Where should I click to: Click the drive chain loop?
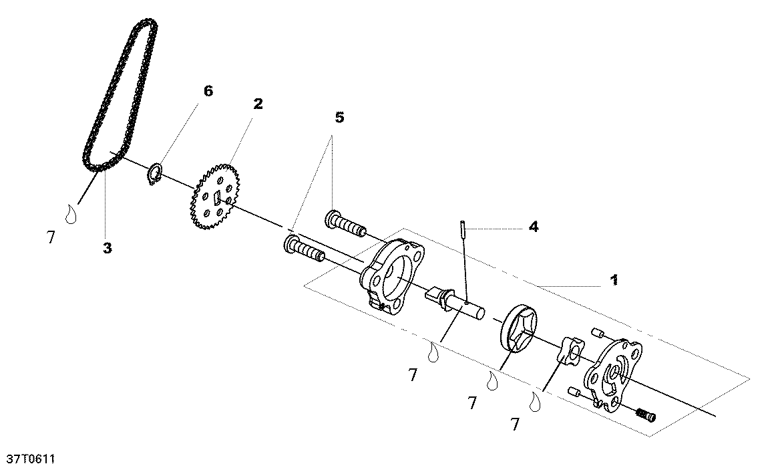pos(120,96)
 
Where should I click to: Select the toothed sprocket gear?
pos(215,197)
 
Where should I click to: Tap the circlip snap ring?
pos(156,174)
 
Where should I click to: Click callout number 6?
pos(208,91)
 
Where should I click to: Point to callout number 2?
pos(258,104)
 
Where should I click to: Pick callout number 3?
pos(108,248)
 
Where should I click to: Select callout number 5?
pos(340,118)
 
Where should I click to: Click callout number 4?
pos(534,227)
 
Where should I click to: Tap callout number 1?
pos(614,280)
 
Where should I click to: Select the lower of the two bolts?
pos(304,249)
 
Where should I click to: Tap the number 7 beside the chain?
pos(51,238)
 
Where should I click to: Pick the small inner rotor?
pos(570,352)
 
